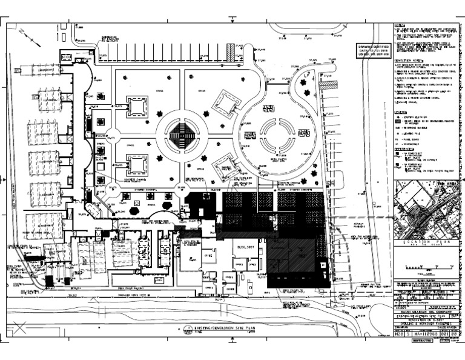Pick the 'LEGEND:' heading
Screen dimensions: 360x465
pyautogui.click(x=400, y=112)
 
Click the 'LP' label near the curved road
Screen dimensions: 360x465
pyautogui.click(x=307, y=74)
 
